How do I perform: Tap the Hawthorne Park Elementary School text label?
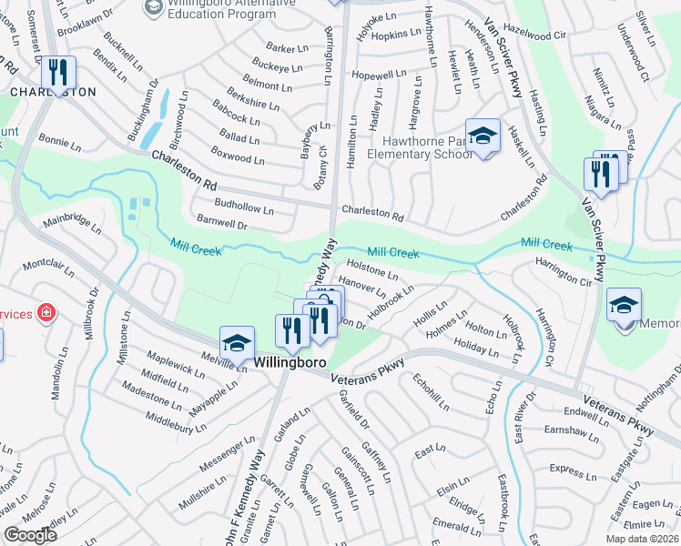pyautogui.click(x=420, y=147)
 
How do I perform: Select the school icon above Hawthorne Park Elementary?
pyautogui.click(x=483, y=136)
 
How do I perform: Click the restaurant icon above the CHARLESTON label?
pyautogui.click(x=58, y=73)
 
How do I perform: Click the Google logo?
pyautogui.click(x=31, y=535)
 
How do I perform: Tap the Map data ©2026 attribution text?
pyautogui.click(x=643, y=539)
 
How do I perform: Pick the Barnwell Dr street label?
pyautogui.click(x=222, y=222)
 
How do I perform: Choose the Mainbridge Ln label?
pyautogui.click(x=73, y=222)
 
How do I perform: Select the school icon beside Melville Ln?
pyautogui.click(x=237, y=344)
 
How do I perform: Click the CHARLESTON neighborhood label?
pyautogui.click(x=53, y=93)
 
